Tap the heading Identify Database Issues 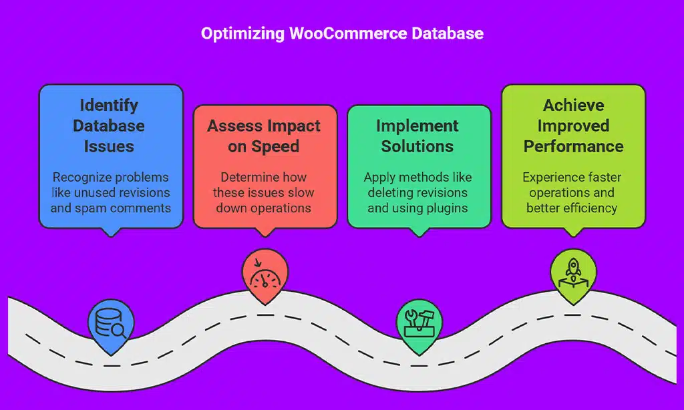110,126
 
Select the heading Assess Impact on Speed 264,136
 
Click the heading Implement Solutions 417,136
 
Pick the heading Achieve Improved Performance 573,126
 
